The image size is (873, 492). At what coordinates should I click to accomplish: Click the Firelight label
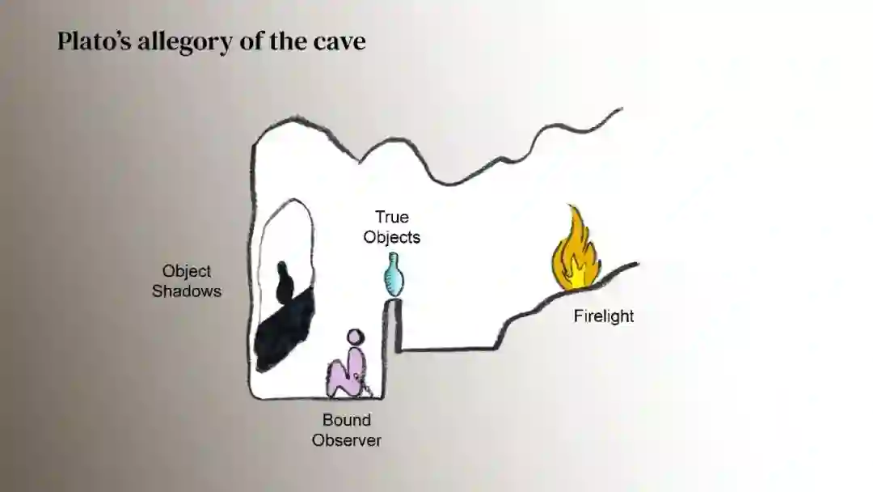coord(604,316)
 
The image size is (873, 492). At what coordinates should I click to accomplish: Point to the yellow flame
coord(575,251)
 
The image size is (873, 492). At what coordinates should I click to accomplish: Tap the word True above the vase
coord(392,217)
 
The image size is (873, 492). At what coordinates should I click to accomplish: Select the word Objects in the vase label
coord(392,237)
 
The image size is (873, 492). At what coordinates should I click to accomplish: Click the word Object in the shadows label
coord(187,271)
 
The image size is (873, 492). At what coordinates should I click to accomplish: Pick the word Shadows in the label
coord(187,291)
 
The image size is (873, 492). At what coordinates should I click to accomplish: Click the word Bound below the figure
coord(347,420)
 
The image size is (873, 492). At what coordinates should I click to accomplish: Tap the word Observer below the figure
coord(347,440)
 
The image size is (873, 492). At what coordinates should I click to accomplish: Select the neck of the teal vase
coord(393,261)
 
